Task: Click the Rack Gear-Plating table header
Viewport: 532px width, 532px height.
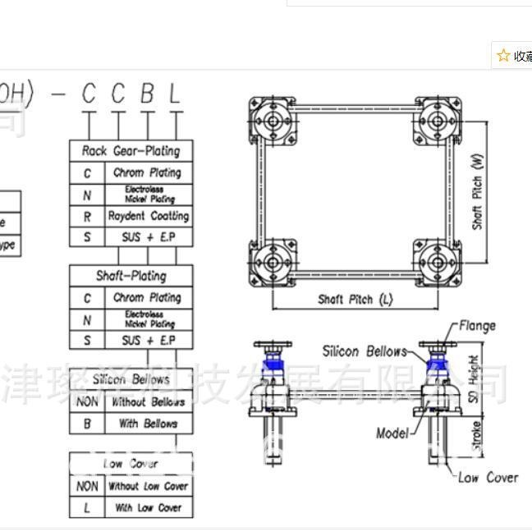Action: click(x=131, y=151)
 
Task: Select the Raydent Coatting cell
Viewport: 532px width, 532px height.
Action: click(x=149, y=216)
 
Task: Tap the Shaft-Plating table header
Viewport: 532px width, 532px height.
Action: click(x=131, y=276)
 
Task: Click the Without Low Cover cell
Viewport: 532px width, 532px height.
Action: click(x=148, y=486)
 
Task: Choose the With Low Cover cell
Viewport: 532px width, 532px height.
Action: click(x=148, y=507)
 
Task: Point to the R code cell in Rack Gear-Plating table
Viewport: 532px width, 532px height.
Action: click(x=87, y=216)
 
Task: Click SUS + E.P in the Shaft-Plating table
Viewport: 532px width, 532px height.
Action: click(x=149, y=340)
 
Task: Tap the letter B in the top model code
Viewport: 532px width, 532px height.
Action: click(x=147, y=94)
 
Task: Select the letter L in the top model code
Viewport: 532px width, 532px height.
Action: click(x=174, y=94)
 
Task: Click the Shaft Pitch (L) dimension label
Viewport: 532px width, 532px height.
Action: click(x=355, y=300)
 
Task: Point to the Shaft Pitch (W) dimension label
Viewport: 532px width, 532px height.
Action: click(x=478, y=192)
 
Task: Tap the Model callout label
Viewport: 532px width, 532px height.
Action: click(x=392, y=433)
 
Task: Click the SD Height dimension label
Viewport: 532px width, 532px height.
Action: click(x=475, y=379)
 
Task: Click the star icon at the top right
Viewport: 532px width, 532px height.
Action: click(x=503, y=55)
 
